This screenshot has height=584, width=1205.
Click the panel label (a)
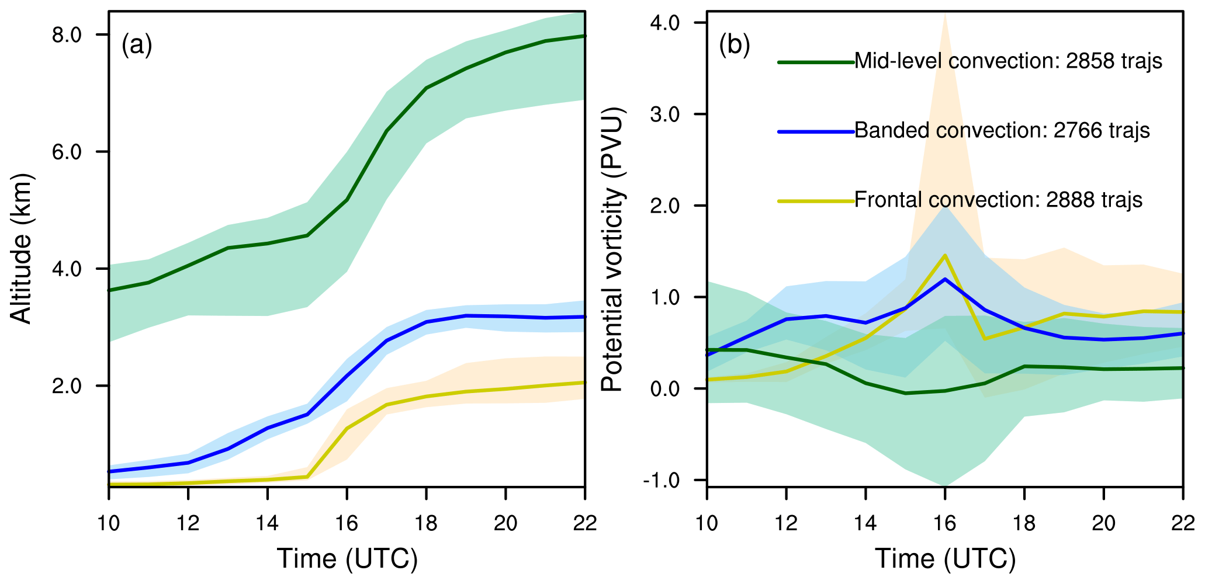click(137, 45)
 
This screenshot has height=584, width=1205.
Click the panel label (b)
click(735, 45)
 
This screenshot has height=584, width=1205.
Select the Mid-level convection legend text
click(1008, 61)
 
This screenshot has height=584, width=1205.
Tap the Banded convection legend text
click(1002, 130)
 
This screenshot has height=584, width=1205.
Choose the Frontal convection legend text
click(998, 200)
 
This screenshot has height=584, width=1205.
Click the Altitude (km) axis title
click(22, 249)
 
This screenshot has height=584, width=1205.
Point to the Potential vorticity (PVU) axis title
click(613, 249)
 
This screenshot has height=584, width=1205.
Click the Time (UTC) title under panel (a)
click(347, 559)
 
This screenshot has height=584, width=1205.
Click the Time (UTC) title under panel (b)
click(945, 559)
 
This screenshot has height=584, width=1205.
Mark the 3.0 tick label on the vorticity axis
click(664, 114)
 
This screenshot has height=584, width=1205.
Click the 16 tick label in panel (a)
click(347, 523)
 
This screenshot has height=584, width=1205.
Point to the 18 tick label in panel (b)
click(1024, 523)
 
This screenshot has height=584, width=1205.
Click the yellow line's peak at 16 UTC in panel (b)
click(944, 255)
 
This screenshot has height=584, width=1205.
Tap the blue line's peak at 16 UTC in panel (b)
click(944, 279)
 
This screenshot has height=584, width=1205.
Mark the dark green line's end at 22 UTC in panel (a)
click(584, 36)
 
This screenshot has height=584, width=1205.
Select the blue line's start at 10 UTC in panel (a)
click(110, 471)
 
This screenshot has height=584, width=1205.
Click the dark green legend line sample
click(816, 61)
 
